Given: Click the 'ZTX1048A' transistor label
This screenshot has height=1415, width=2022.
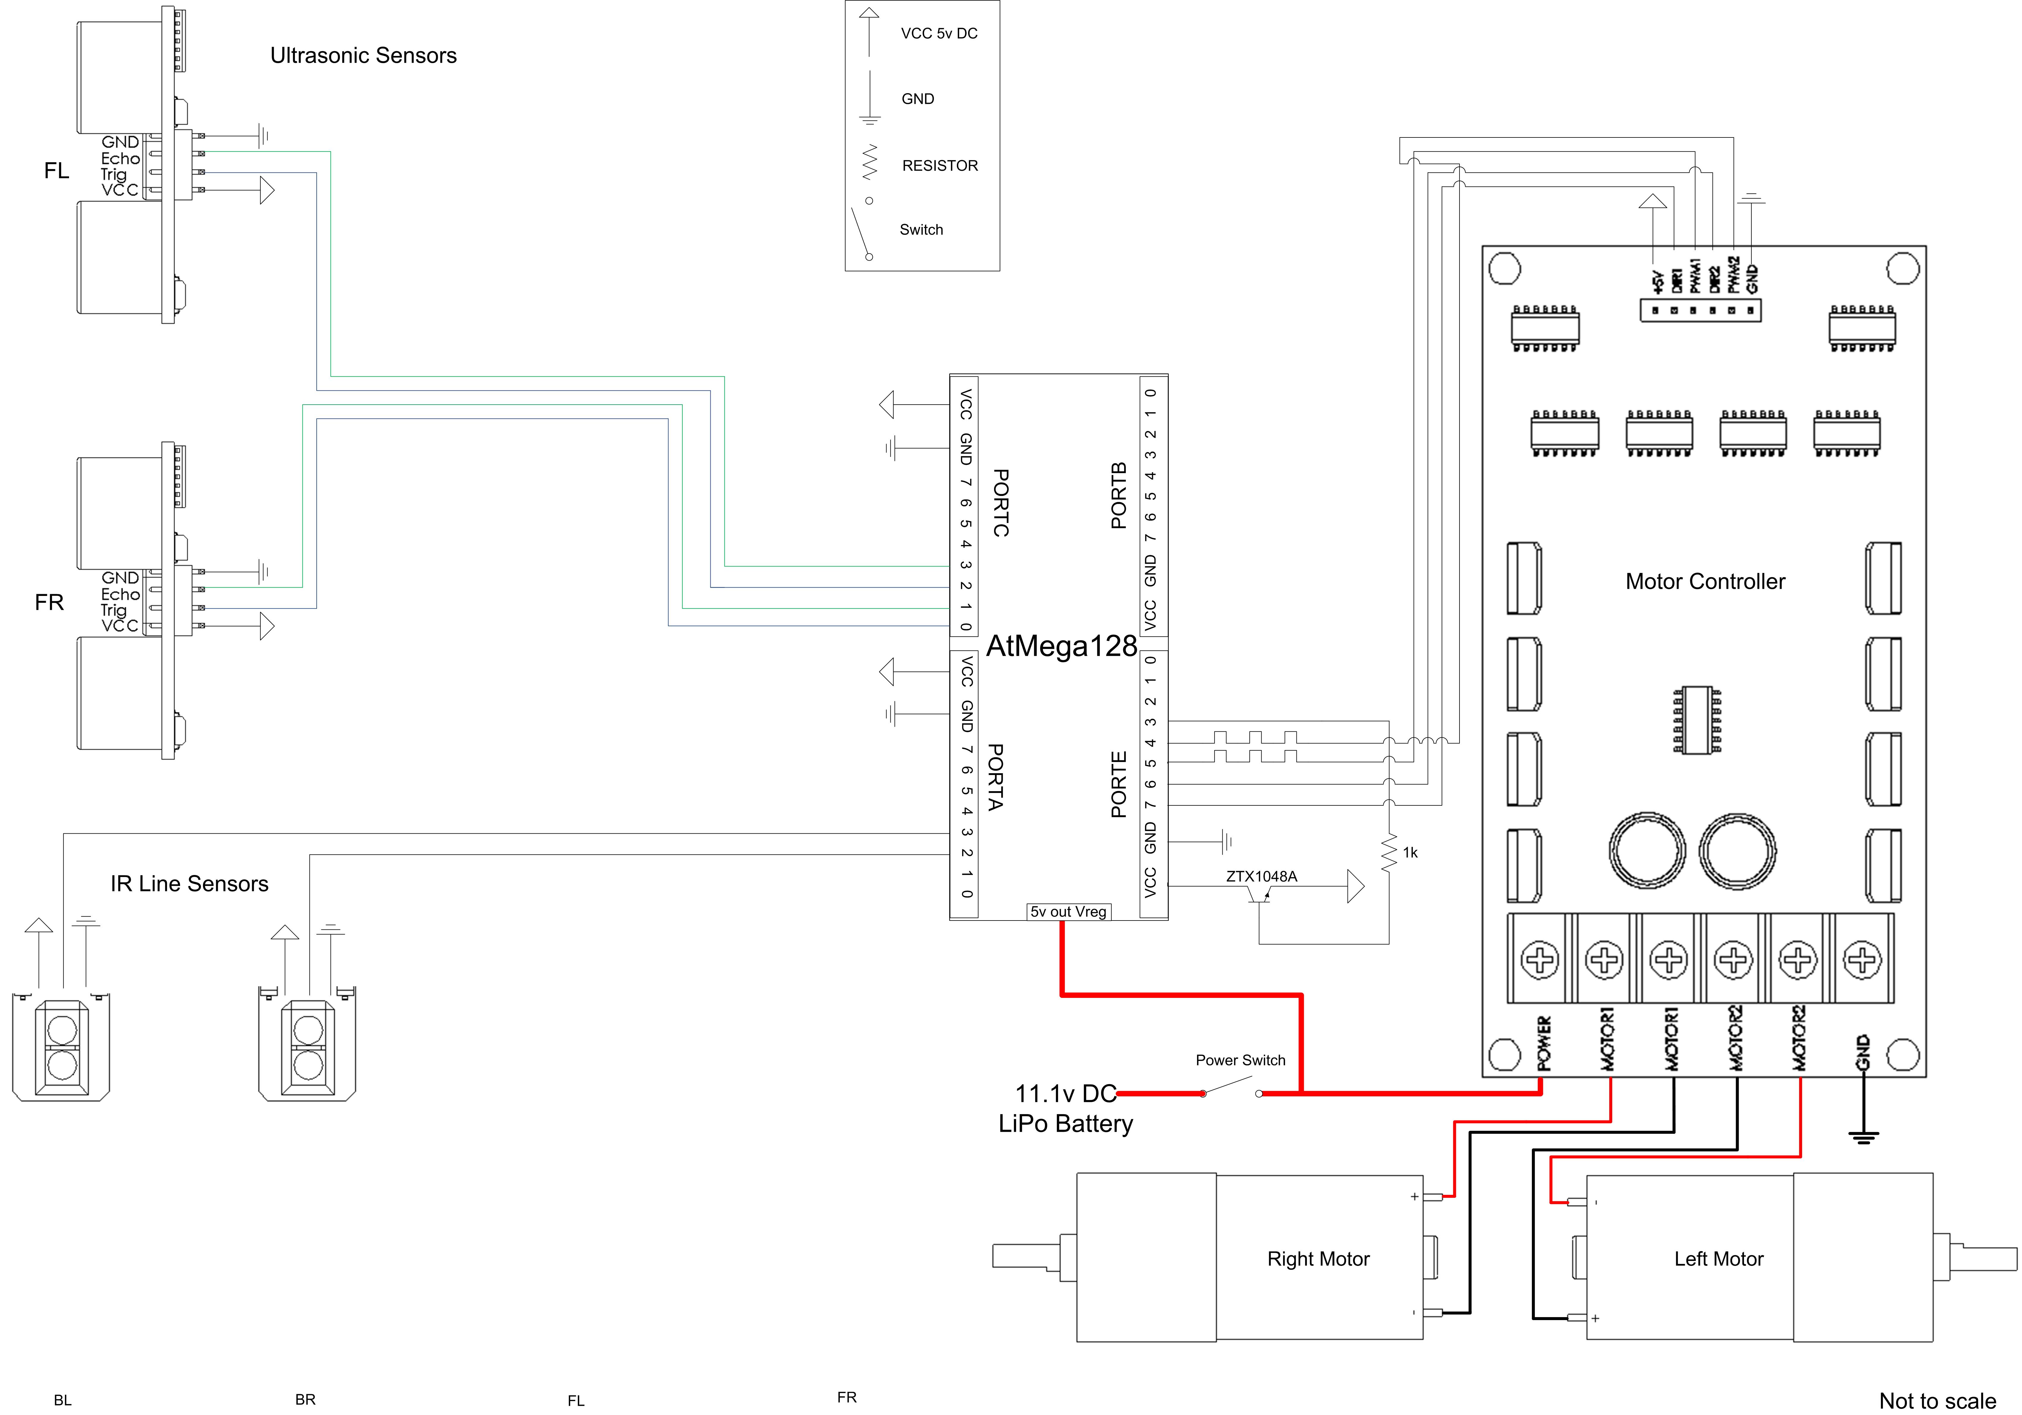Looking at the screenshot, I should pyautogui.click(x=1261, y=876).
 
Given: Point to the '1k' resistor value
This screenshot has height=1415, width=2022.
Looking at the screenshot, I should pyautogui.click(x=1410, y=852).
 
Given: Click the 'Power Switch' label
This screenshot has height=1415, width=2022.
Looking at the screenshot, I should pyautogui.click(x=1240, y=1060).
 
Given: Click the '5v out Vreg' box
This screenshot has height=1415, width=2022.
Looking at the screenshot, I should pyautogui.click(x=1068, y=911).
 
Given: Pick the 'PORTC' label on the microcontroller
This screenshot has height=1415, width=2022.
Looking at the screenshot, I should pyautogui.click(x=1000, y=503).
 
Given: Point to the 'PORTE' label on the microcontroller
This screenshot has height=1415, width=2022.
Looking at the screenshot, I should pyautogui.click(x=1118, y=785).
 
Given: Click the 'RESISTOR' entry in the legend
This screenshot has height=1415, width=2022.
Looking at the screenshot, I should pyautogui.click(x=940, y=165).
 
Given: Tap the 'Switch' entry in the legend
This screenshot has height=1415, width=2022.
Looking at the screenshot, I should pyautogui.click(x=921, y=230).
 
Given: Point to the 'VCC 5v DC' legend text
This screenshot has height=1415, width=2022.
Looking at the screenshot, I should pyautogui.click(x=939, y=33).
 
